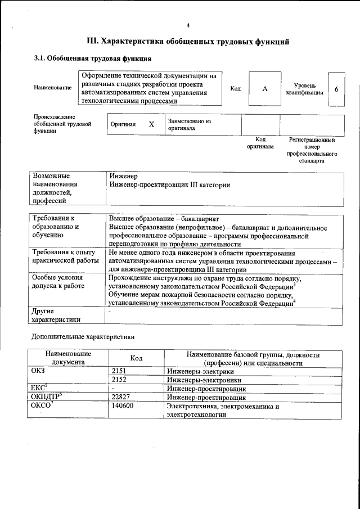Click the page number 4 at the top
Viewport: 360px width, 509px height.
188,25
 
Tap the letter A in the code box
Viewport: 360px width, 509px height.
264,89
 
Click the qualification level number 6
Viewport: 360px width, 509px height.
336,89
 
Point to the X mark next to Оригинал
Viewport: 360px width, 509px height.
151,124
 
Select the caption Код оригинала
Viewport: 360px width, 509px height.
260,143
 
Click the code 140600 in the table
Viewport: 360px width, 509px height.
123,406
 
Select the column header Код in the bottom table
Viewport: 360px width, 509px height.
136,358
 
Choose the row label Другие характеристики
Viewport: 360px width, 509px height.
56,315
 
